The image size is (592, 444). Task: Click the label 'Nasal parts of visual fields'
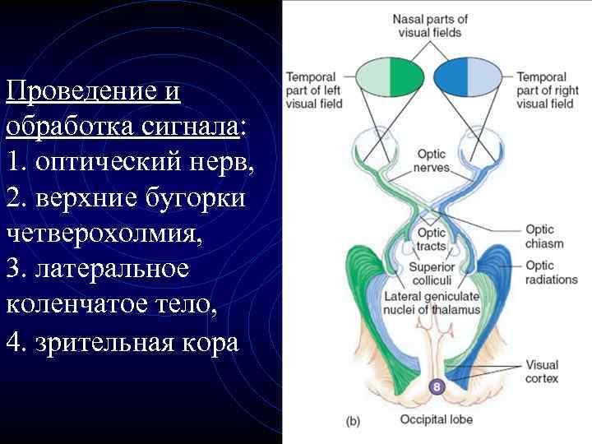click(x=430, y=25)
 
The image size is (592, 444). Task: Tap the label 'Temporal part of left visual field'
click(x=314, y=90)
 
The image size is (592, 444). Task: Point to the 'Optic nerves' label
click(x=432, y=160)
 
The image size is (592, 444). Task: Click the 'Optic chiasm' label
click(x=544, y=236)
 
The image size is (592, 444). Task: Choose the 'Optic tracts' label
click(x=431, y=239)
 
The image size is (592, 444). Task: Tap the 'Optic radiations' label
click(x=551, y=272)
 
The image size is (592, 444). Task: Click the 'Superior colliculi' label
click(x=432, y=274)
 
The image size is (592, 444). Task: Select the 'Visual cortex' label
click(x=542, y=372)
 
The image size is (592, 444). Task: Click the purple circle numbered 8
click(x=436, y=386)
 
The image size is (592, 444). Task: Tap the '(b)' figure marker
click(x=352, y=421)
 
